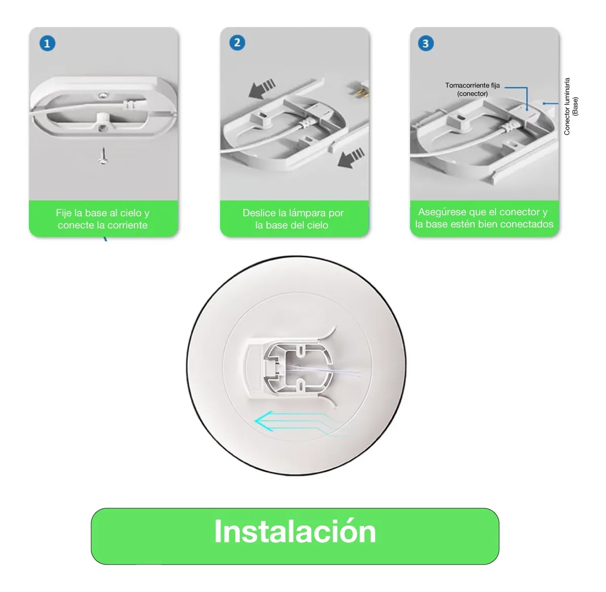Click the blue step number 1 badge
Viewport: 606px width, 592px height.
tap(47, 43)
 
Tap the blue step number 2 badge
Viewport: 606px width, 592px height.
tap(237, 43)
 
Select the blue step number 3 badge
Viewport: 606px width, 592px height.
tap(425, 43)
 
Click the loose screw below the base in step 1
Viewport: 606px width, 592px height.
tap(103, 155)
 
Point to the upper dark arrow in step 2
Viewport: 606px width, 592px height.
tap(262, 89)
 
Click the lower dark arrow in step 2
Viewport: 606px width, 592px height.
tap(351, 157)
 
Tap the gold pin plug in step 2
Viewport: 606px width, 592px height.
tap(358, 89)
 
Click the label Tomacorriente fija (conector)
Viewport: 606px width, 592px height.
tap(472, 89)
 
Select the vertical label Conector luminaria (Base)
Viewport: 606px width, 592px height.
tap(571, 107)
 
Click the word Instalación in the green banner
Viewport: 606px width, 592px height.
tap(295, 531)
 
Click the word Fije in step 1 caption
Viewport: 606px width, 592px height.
tap(63, 213)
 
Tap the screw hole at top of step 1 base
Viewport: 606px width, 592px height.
tap(102, 95)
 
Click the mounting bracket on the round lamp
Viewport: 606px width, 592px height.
tap(289, 367)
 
